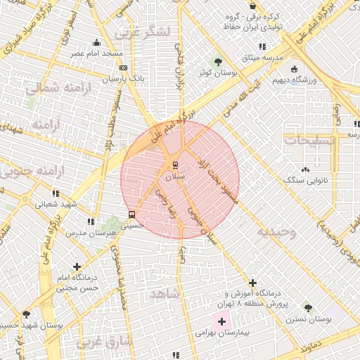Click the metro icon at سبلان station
(x=174, y=166)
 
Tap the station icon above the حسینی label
(x=131, y=214)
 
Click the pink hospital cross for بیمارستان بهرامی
(x=222, y=322)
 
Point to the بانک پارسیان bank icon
(x=124, y=68)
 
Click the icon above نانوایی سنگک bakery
(x=304, y=169)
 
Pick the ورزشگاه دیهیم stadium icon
(x=293, y=69)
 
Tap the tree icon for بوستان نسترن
(x=307, y=307)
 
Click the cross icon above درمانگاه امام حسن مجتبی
(x=77, y=267)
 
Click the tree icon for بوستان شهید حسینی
(x=26, y=314)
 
